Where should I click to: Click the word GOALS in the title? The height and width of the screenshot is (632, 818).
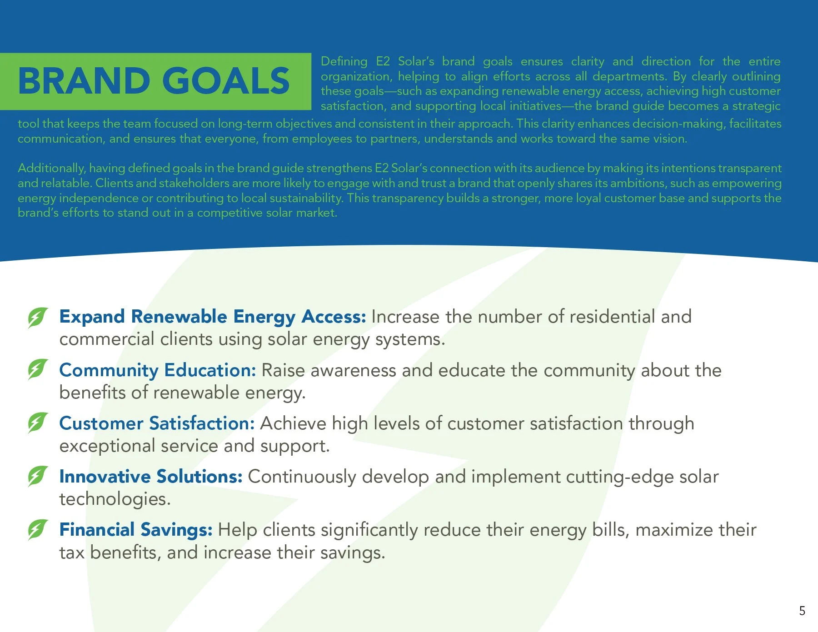click(x=226, y=81)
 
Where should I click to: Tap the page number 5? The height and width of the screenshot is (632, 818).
click(x=802, y=611)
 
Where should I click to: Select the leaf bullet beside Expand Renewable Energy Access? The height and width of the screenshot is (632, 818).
click(x=37, y=317)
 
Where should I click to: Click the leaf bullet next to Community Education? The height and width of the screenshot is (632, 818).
click(x=37, y=369)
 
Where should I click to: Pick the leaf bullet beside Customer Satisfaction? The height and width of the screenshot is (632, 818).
click(x=37, y=423)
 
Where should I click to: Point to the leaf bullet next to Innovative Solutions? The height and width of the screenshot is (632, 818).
click(x=37, y=476)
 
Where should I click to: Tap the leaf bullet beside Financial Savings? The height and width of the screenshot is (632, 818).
click(x=37, y=529)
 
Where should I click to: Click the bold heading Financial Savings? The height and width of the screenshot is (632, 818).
click(x=136, y=530)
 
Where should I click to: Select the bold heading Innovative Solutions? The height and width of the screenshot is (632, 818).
click(x=151, y=477)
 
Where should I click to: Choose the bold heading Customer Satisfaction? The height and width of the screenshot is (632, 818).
click(x=157, y=423)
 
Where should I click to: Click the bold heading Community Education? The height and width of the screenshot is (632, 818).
click(x=158, y=370)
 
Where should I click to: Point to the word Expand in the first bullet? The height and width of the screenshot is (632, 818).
click(x=92, y=317)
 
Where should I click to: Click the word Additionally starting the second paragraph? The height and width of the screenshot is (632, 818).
click(x=51, y=169)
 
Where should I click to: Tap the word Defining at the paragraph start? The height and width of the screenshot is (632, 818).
click(x=344, y=61)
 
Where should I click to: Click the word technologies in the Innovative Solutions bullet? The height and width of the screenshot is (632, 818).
click(x=115, y=499)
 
